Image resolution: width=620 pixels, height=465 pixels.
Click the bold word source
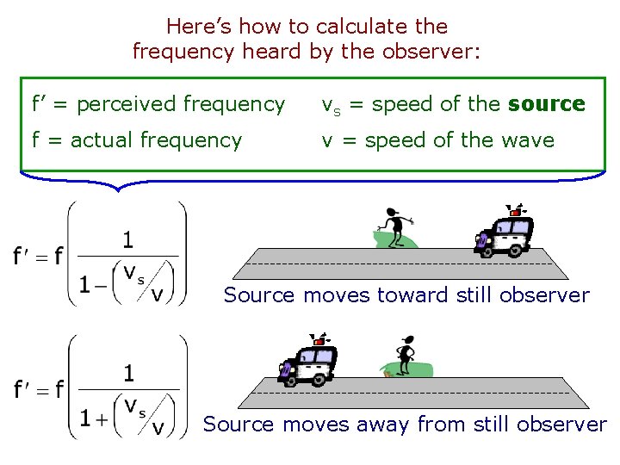pos(547,104)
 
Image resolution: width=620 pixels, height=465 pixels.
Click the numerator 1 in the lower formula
pos(128,373)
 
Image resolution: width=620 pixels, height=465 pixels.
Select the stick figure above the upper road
pos(395,226)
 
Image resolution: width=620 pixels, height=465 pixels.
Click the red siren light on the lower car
pos(319,342)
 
